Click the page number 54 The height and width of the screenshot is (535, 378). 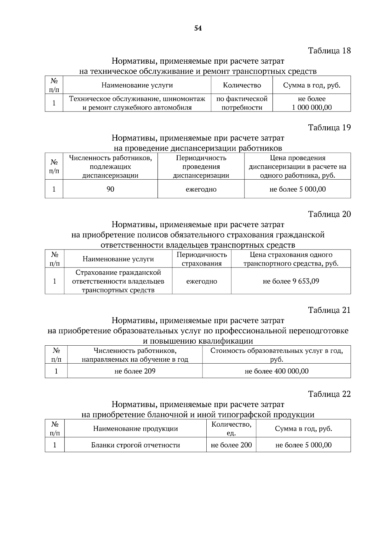[198, 28]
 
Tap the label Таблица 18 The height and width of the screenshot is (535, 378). [329, 50]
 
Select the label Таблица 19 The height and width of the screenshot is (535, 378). [329, 128]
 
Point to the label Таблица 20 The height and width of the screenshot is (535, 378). [329, 214]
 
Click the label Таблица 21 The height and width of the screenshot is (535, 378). [329, 310]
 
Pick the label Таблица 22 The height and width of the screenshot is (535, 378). [329, 394]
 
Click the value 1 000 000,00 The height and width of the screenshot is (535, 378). [312, 107]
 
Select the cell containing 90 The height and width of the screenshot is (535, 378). [110, 189]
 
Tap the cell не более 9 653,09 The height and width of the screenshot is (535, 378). [291, 281]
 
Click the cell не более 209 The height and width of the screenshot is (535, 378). [135, 371]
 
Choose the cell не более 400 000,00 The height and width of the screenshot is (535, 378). [276, 371]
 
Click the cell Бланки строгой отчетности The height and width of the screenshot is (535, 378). [135, 445]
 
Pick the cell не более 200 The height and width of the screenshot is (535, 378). [231, 445]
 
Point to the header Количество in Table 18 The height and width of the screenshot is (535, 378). [242, 85]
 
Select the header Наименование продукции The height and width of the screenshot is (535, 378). [135, 429]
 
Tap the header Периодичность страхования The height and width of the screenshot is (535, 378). [202, 259]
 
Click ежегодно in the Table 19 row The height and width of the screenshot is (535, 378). [201, 189]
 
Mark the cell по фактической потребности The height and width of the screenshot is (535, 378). [242, 103]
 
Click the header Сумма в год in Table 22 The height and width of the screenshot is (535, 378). [303, 429]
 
